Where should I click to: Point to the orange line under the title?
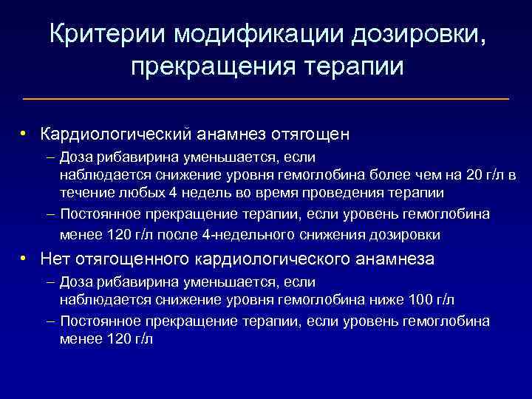[x=266, y=98]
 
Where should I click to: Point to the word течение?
[x=84, y=194]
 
